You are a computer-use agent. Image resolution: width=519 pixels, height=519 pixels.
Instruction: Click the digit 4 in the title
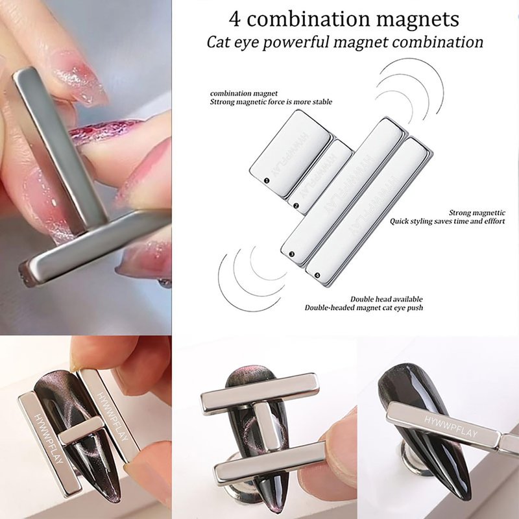coord(235,19)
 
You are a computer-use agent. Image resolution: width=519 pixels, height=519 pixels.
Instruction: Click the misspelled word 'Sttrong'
coord(222,102)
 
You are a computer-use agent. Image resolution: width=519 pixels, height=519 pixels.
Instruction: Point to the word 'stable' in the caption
coord(322,102)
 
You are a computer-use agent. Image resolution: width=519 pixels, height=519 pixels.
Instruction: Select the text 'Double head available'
coord(387,299)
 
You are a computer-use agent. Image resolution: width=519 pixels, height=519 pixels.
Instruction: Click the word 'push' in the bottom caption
coord(416,308)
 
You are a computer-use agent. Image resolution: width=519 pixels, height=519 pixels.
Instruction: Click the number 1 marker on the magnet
coord(267,180)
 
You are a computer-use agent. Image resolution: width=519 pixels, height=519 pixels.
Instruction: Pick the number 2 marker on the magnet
coord(296,206)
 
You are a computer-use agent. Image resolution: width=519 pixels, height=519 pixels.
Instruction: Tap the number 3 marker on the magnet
coord(291,254)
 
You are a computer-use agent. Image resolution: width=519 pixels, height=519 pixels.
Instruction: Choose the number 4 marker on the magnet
coord(317,275)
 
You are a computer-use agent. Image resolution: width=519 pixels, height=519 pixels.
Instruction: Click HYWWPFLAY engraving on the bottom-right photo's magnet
coord(451,427)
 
